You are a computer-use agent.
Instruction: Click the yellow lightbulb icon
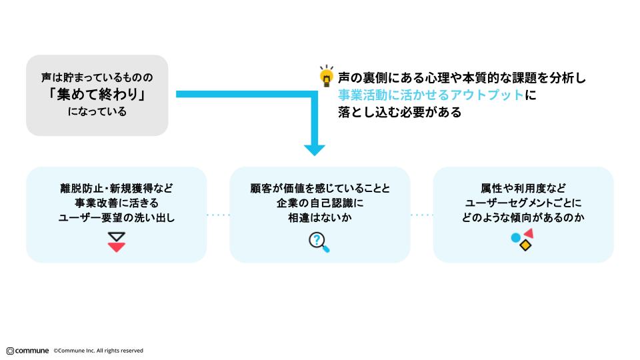pyautogui.click(x=326, y=77)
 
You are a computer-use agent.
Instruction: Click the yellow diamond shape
pyautogui.click(x=525, y=245)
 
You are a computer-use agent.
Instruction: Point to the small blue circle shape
pyautogui.click(x=515, y=237)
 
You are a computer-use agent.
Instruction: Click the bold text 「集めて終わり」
pyautogui.click(x=97, y=95)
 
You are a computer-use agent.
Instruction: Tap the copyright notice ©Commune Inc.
pyautogui.click(x=98, y=351)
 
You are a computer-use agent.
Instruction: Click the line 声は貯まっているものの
pyautogui.click(x=97, y=77)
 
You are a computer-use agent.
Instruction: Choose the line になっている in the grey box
pyautogui.click(x=97, y=112)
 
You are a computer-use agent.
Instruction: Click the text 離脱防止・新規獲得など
pyautogui.click(x=117, y=187)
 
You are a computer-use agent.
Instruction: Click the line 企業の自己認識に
pyautogui.click(x=319, y=202)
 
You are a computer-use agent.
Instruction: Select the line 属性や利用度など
pyautogui.click(x=523, y=187)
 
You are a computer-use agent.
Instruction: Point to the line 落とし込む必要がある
pyautogui.click(x=399, y=112)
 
